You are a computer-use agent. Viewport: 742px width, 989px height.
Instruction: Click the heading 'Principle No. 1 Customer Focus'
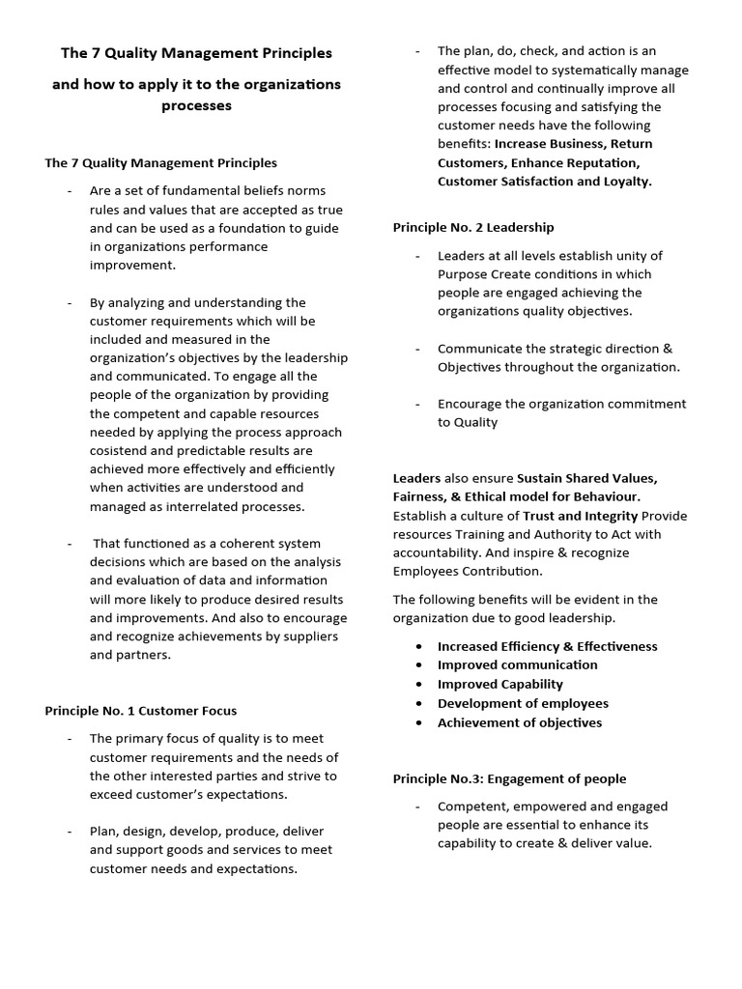140,711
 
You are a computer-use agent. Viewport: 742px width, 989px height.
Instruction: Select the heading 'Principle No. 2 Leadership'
473,227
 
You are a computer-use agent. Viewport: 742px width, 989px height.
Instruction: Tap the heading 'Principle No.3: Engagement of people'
509,778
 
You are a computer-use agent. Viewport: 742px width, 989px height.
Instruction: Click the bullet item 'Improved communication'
517,664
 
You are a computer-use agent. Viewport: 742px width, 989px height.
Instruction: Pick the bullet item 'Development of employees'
523,703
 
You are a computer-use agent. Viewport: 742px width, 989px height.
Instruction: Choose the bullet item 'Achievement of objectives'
519,722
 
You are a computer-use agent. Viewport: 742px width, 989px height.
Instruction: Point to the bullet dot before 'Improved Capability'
417,684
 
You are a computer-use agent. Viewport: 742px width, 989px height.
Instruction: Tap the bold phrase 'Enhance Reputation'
574,162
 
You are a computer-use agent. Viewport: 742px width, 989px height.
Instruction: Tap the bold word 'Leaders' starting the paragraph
416,478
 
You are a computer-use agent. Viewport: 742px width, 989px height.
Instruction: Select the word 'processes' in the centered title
196,105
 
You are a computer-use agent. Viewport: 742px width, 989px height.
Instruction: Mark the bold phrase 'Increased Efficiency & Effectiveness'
547,646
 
